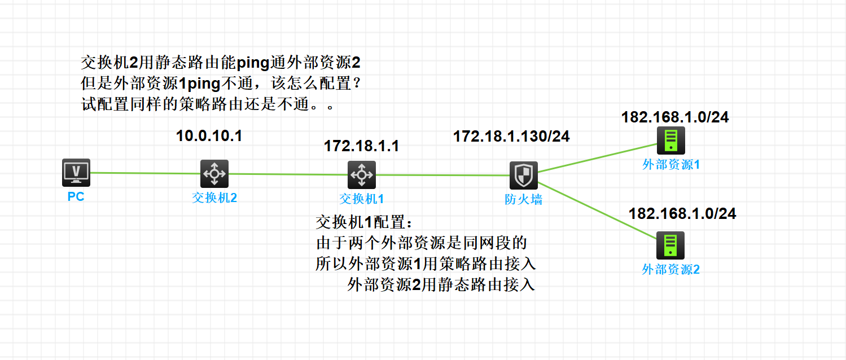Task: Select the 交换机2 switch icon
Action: (x=214, y=173)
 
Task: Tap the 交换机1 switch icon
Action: (x=361, y=174)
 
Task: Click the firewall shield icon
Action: (x=523, y=175)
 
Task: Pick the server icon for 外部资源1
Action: (x=670, y=141)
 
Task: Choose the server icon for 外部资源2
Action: (x=670, y=245)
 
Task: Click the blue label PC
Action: (x=76, y=197)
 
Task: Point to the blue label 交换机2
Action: (x=214, y=198)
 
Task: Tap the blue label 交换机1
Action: (x=361, y=199)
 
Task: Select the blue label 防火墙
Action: (x=523, y=199)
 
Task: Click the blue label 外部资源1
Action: (x=671, y=165)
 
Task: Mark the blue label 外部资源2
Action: (x=670, y=270)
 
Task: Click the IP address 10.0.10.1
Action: (x=209, y=136)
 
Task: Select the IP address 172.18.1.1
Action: (x=361, y=146)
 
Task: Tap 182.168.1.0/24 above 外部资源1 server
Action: (x=675, y=117)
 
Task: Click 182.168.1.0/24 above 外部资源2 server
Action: (x=682, y=213)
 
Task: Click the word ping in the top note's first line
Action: (x=253, y=61)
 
